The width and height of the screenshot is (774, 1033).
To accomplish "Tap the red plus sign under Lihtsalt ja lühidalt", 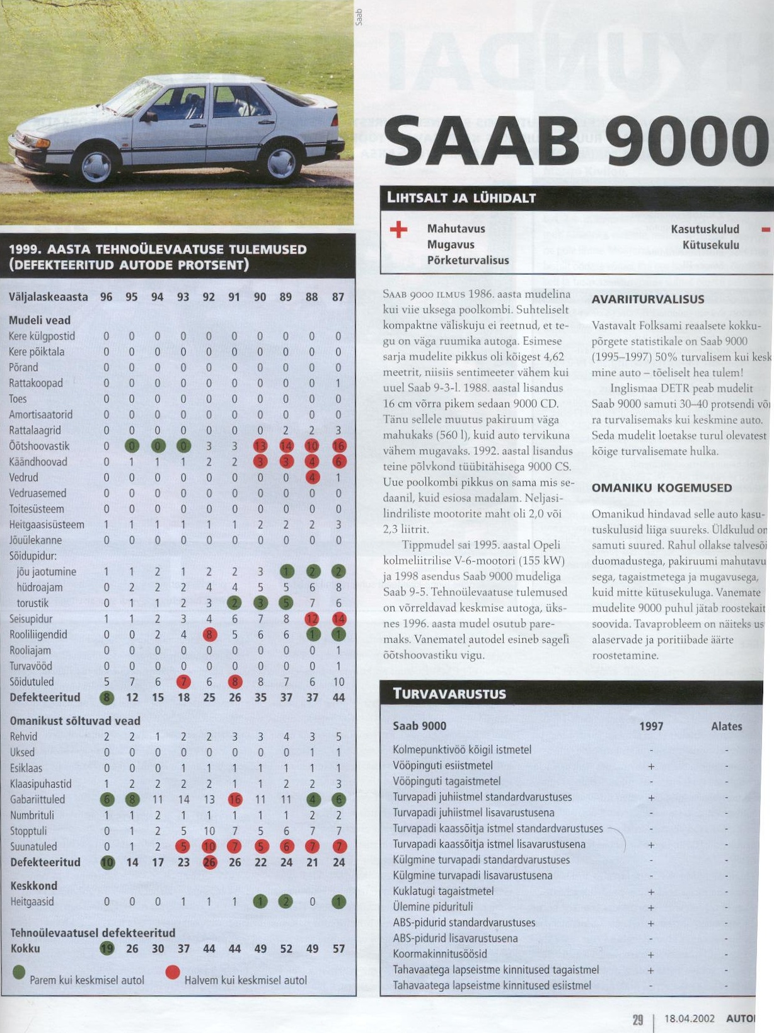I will point(398,229).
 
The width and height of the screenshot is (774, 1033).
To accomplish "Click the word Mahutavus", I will point(456,229).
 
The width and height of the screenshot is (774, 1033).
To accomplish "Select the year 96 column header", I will point(107,296).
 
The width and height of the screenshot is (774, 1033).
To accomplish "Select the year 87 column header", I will point(338,296).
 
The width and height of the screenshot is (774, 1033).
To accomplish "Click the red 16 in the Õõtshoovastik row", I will point(338,446).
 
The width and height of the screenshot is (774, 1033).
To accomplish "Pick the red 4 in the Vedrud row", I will point(312,478).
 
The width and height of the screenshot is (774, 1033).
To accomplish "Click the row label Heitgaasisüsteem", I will point(47,524).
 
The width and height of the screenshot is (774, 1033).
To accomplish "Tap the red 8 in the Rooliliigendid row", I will point(209,635).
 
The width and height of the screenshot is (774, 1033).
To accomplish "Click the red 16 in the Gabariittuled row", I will point(235,800).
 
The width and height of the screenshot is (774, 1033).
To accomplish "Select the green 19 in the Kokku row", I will point(107,949).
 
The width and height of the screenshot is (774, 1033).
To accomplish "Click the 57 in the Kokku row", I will point(338,949).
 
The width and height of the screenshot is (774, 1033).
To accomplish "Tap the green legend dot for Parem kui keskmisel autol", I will point(19,973).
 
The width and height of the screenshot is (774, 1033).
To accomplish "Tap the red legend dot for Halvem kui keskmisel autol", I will point(173,973).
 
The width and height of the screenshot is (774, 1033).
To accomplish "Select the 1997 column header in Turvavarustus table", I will point(651,726).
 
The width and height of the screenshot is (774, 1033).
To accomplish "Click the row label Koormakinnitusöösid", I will point(440,954).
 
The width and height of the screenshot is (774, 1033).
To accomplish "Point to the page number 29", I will point(637,1018).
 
